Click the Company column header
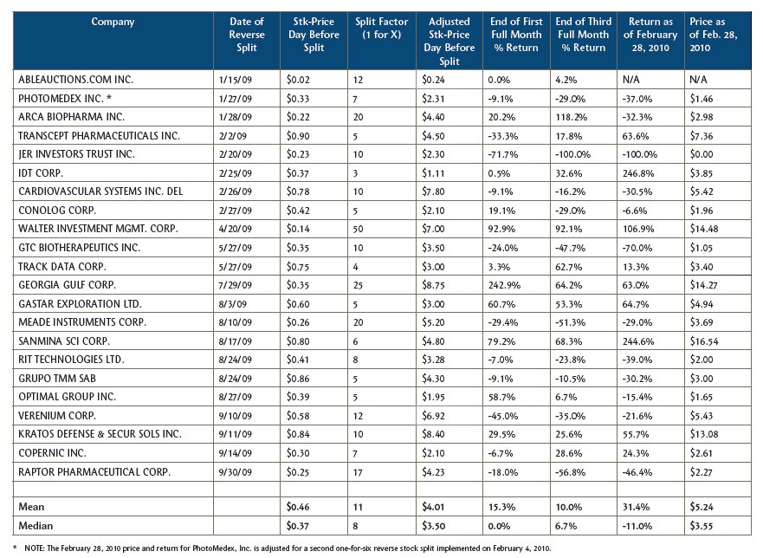coord(113,22)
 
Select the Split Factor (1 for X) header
coord(381,29)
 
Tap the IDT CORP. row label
coord(41,173)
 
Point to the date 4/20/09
coord(235,229)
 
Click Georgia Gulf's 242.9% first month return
coord(504,285)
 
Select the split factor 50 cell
coord(359,229)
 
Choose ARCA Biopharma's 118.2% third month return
coord(572,117)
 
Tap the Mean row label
coord(31,507)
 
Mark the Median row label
coord(36,526)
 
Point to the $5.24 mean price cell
coord(702,507)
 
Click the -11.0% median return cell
coord(637,526)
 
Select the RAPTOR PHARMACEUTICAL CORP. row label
coord(94,472)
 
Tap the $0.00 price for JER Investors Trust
coord(702,154)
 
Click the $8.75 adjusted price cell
coord(433,285)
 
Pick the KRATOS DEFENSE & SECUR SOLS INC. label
coord(100,434)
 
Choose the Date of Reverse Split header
coord(247,35)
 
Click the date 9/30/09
coord(235,472)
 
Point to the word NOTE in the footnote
coord(34,548)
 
